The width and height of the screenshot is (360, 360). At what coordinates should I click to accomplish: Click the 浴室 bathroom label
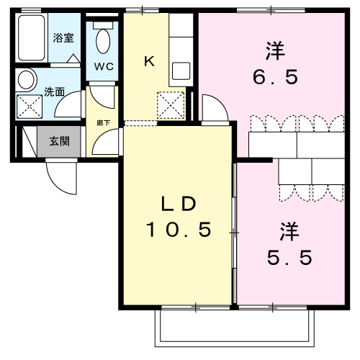64,37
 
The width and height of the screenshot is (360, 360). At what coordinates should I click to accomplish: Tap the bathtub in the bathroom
32,39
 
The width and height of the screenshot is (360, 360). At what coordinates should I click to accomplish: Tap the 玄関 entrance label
59,141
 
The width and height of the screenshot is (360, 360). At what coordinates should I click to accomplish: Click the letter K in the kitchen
149,61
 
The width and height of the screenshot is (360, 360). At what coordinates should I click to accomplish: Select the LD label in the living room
178,204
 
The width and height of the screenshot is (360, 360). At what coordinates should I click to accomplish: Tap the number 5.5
287,257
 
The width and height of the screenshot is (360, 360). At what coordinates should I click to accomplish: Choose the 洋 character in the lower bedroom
288,231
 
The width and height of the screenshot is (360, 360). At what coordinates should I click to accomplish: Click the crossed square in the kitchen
172,107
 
